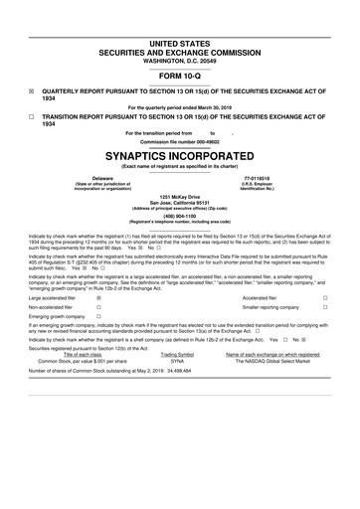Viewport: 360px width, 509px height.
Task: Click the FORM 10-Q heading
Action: click(x=179, y=75)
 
